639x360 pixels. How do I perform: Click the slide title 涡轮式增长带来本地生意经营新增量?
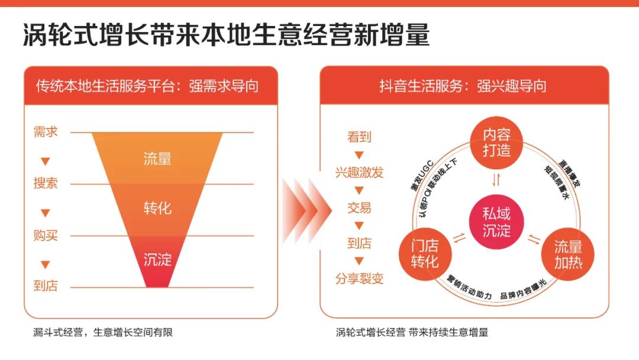[226, 35]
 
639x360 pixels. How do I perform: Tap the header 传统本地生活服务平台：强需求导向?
[147, 86]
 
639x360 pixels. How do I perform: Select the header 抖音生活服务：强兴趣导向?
[463, 86]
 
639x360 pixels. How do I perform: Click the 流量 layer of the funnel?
[157, 158]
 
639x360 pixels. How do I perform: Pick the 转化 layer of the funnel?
[157, 210]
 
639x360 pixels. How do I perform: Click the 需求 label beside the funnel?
[46, 131]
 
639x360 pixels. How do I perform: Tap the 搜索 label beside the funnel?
[46, 183]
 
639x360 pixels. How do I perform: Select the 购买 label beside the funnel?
[46, 235]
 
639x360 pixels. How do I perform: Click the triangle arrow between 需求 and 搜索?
[46, 162]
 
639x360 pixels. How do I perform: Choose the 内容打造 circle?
[496, 143]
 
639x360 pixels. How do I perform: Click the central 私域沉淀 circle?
[496, 222]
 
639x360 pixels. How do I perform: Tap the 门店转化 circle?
[425, 254]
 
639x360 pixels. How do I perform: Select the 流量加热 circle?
[567, 255]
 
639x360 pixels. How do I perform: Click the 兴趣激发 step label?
[360, 172]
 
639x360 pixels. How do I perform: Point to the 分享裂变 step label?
[360, 278]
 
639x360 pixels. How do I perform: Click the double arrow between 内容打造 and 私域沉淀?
[496, 180]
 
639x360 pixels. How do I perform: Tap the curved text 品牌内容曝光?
[523, 290]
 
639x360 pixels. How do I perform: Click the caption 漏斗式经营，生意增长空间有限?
[103, 332]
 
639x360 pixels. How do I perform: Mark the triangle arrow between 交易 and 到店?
[359, 226]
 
